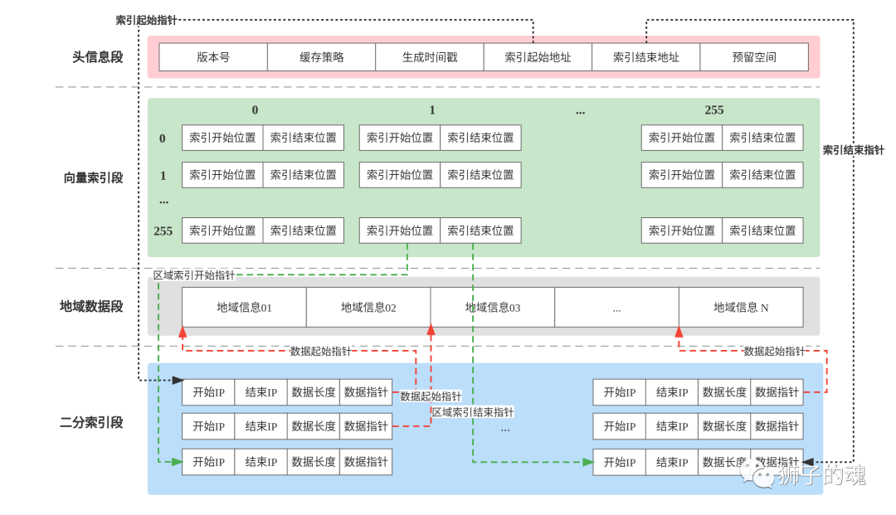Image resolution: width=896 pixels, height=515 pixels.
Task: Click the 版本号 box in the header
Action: (x=213, y=57)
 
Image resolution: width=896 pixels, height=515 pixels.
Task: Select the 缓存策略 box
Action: (x=322, y=57)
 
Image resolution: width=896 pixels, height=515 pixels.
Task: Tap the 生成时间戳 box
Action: (x=430, y=57)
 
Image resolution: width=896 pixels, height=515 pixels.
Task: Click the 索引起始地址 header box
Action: (x=538, y=57)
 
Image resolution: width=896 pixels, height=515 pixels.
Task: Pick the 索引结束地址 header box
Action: (x=646, y=57)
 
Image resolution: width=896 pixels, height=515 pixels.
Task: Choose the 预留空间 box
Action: (x=754, y=57)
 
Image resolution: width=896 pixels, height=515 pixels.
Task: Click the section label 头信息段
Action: (x=98, y=57)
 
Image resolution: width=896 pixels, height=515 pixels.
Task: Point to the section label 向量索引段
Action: (x=93, y=178)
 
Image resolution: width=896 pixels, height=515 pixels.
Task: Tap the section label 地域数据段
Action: (x=91, y=307)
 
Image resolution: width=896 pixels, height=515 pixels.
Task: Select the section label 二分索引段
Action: (x=91, y=422)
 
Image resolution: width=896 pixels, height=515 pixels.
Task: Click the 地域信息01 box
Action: (x=244, y=307)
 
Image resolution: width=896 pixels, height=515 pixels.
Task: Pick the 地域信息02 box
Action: (x=368, y=307)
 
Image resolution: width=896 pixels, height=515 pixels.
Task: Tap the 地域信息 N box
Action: (x=741, y=307)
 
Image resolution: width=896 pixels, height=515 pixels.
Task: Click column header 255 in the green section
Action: (x=714, y=109)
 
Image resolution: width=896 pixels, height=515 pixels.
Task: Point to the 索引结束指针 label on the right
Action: (x=853, y=150)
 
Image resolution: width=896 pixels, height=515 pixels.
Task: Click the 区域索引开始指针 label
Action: (x=194, y=275)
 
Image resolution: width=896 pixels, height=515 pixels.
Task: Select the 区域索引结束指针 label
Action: (x=473, y=412)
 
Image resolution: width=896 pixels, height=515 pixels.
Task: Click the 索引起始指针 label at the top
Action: (x=146, y=20)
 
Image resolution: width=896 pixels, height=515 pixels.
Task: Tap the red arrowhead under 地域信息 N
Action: (x=679, y=332)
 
